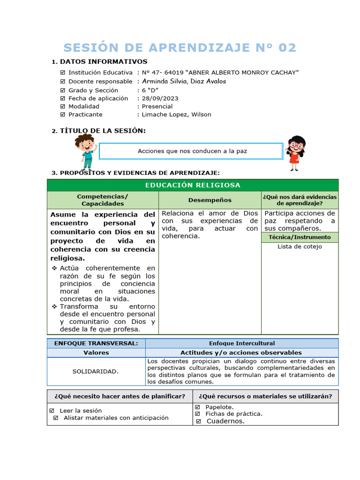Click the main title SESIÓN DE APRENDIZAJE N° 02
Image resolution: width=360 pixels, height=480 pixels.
(x=180, y=48)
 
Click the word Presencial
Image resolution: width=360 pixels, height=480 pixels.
(x=157, y=106)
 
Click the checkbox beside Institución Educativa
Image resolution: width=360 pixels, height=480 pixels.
(x=63, y=73)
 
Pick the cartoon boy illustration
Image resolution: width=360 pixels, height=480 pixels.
(x=86, y=151)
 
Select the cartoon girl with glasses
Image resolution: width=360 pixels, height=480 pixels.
(x=295, y=152)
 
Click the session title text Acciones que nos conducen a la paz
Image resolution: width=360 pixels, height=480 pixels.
(x=192, y=151)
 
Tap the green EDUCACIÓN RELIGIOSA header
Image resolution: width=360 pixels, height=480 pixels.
(x=193, y=185)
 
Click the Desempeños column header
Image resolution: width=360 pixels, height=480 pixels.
(x=210, y=200)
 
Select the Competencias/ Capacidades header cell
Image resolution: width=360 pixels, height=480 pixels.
(x=103, y=200)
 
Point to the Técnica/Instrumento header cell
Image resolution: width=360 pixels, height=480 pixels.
(x=300, y=237)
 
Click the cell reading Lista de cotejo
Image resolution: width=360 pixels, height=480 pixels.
(x=300, y=247)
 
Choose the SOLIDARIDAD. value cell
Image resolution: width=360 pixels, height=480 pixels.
(x=96, y=371)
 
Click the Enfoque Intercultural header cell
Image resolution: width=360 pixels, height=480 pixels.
(x=242, y=343)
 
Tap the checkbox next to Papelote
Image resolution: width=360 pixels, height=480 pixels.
(x=197, y=407)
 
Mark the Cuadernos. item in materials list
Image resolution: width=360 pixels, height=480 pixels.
(x=225, y=421)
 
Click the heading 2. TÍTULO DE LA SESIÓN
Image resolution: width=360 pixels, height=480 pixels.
(x=98, y=131)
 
